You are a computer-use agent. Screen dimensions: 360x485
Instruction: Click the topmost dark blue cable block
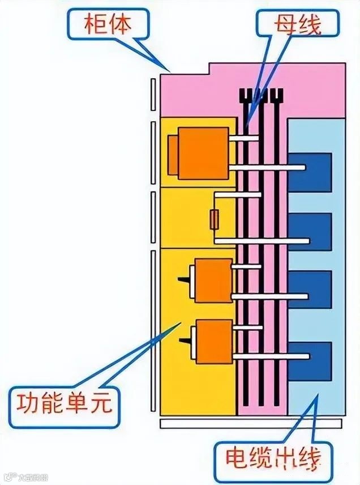click(310, 172)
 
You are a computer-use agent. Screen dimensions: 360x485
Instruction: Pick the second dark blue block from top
click(310, 231)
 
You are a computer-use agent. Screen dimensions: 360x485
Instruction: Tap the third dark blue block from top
click(310, 289)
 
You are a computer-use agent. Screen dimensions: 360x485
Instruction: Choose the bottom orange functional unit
click(213, 341)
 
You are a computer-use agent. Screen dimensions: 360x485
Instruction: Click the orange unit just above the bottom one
click(213, 280)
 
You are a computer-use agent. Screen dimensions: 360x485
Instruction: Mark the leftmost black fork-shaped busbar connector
click(247, 97)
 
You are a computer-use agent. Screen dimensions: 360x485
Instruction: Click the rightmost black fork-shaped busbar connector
click(277, 97)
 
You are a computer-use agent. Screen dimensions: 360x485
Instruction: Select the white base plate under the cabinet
click(252, 423)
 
